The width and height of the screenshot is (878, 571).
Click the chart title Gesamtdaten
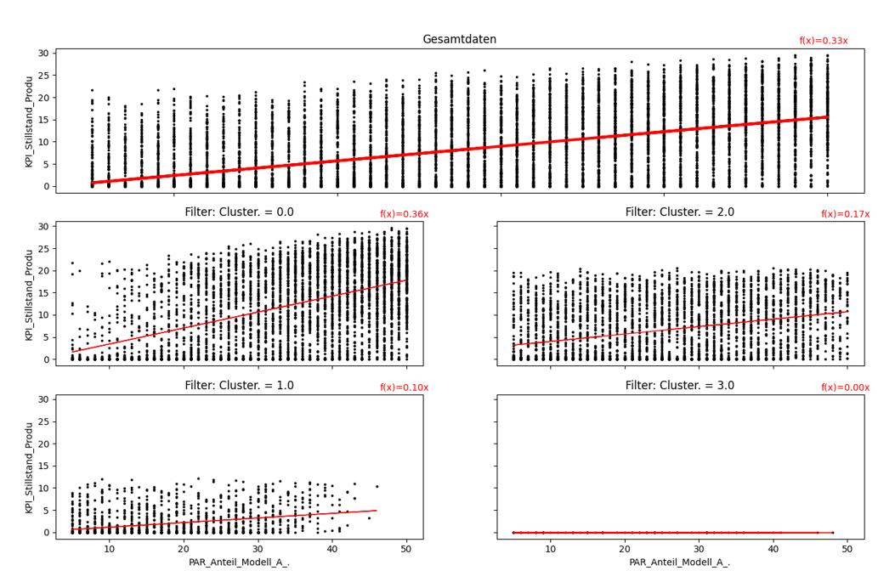[460, 39]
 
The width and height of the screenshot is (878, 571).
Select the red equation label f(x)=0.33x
[823, 41]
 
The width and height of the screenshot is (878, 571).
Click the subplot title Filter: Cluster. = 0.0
[239, 212]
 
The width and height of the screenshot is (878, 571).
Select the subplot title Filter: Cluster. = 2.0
[680, 212]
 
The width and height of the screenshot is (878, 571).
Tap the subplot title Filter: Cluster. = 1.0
[239, 386]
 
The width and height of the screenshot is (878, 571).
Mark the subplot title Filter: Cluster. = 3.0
[680, 386]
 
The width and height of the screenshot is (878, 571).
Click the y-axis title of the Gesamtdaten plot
[30, 121]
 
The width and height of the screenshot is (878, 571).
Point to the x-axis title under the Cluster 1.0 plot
[239, 563]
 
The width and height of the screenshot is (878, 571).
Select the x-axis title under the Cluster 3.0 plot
[680, 563]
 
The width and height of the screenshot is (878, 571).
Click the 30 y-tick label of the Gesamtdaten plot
[42, 53]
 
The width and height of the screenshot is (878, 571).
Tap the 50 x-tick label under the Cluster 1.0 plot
[406, 549]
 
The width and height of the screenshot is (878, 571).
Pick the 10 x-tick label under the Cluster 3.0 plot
[551, 549]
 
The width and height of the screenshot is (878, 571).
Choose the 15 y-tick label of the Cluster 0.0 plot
[42, 292]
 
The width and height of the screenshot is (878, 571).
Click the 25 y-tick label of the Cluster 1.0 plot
[42, 421]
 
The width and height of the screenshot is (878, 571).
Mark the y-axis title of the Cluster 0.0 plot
[30, 294]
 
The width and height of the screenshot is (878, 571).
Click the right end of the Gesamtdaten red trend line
[827, 117]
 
